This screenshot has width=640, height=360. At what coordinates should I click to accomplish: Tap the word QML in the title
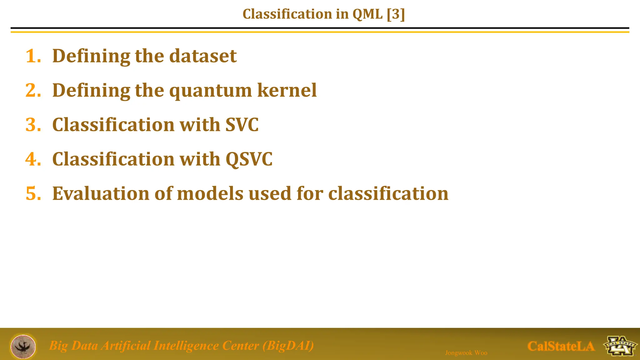(367, 14)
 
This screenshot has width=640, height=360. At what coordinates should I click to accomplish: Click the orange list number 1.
(33, 56)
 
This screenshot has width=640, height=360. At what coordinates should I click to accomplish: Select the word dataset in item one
(203, 56)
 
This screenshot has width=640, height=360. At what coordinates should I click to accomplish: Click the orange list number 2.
(33, 91)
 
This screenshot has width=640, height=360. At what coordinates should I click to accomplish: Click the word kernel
(287, 91)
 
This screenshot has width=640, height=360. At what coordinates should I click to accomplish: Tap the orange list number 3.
(33, 125)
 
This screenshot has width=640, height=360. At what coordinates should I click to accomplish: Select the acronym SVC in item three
(242, 125)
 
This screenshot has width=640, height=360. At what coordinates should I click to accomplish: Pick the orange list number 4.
(33, 159)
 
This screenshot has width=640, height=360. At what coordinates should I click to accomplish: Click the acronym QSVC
(249, 159)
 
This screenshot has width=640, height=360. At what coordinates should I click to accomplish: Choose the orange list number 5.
(33, 194)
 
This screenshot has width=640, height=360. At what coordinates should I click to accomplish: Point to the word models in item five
(210, 194)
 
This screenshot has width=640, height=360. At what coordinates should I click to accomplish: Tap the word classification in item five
(388, 194)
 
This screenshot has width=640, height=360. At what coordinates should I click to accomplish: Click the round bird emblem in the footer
(23, 347)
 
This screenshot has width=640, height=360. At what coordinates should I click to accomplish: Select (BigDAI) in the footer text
(288, 346)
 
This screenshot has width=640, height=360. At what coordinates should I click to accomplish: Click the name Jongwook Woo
(466, 353)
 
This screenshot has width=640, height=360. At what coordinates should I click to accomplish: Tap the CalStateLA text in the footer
(561, 346)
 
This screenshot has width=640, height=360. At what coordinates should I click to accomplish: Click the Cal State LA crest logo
(620, 346)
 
